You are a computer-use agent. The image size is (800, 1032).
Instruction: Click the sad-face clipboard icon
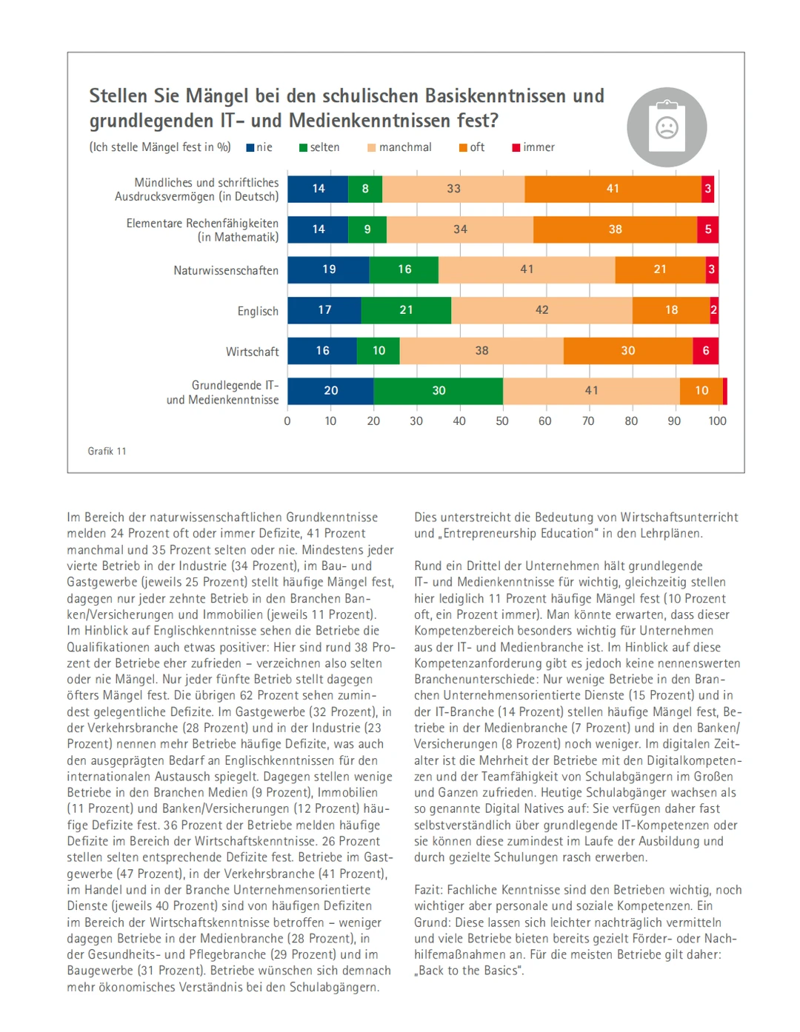pos(667,127)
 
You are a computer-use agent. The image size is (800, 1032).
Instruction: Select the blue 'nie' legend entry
pos(259,147)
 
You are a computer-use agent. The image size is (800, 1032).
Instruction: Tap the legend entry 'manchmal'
pos(399,147)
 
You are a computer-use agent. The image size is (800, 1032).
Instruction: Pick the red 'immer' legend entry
pos(533,147)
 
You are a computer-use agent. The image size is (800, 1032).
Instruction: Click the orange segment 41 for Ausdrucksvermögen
pos(613,189)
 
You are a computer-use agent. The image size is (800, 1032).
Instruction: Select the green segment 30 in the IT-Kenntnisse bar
pos(439,391)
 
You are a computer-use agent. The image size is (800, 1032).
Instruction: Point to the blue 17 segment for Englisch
pos(324,310)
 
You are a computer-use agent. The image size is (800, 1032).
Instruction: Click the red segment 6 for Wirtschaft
pos(705,351)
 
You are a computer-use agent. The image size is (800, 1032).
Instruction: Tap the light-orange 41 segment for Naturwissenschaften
pos(527,269)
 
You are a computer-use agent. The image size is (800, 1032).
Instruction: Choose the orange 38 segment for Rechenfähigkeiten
pos(615,229)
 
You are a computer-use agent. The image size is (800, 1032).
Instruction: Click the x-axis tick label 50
pos(502,421)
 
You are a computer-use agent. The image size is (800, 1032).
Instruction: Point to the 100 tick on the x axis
pos(717,421)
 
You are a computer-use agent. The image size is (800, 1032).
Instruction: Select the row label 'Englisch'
pos(258,312)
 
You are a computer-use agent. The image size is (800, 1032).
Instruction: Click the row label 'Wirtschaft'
pos(252,352)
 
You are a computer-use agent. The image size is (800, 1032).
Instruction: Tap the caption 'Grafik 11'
pos(107,452)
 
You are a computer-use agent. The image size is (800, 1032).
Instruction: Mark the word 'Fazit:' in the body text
pos(430,890)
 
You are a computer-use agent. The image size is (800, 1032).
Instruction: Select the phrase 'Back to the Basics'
pos(470,971)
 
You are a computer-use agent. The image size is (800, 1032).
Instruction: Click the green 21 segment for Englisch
pos(406,310)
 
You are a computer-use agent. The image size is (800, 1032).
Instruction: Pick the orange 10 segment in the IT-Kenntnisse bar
pos(701,391)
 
